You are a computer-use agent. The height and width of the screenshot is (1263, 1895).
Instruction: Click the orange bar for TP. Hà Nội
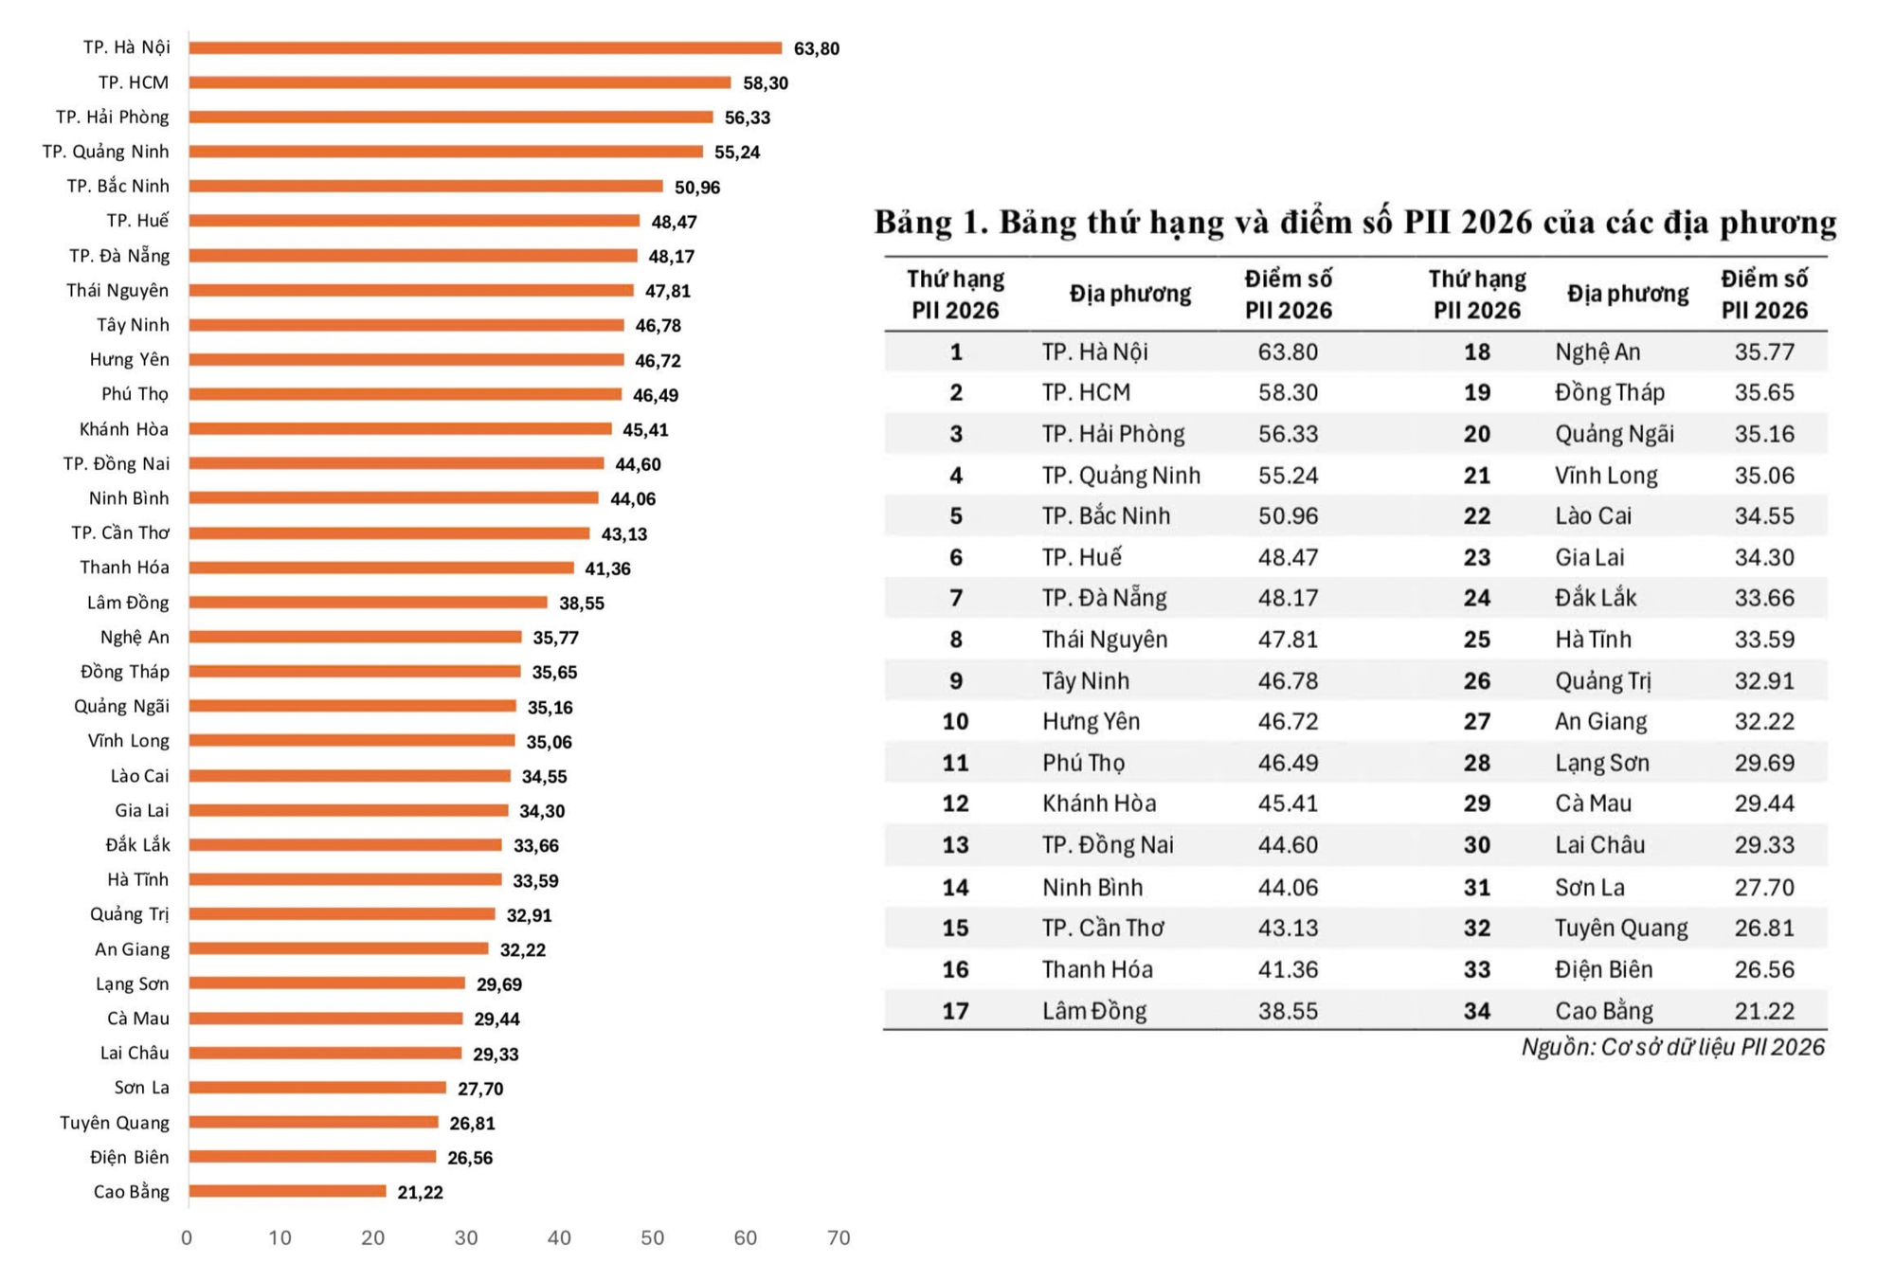[485, 47]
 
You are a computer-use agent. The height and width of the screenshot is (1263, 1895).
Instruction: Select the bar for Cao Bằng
[287, 1191]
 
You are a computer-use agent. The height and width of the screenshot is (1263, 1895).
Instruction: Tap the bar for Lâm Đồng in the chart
[368, 602]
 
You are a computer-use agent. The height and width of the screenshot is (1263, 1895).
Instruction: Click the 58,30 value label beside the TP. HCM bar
[766, 83]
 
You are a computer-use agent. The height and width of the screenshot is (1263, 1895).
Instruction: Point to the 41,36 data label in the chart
[607, 568]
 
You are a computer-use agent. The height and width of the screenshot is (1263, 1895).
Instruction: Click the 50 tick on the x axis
[652, 1237]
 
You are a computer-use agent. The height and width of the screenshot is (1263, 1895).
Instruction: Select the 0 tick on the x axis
[187, 1237]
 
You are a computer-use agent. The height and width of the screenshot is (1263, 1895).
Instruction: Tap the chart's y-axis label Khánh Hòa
[124, 429]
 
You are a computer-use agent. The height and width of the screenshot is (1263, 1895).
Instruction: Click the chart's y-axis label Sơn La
[142, 1088]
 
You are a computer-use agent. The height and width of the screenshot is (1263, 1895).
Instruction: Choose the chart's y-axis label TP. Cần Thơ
[120, 532]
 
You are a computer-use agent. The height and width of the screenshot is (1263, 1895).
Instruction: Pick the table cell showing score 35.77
[1764, 352]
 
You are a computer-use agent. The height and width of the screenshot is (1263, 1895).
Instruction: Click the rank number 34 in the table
[1477, 1011]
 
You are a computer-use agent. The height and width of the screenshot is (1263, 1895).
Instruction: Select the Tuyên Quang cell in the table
[1621, 929]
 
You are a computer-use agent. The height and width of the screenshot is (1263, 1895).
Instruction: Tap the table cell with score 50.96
[1288, 516]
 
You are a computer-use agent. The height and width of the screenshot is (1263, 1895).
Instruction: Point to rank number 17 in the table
[955, 1011]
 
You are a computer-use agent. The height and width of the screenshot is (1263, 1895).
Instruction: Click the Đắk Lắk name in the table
[1596, 598]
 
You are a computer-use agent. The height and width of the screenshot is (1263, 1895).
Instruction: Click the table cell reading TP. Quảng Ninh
[1121, 476]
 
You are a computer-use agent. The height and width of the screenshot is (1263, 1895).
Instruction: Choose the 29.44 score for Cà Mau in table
[1764, 803]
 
